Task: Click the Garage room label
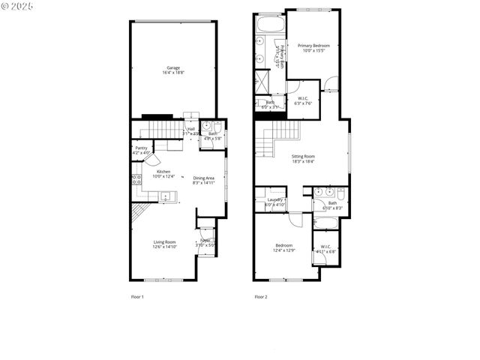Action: tap(172, 70)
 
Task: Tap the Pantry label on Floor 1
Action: tap(141, 150)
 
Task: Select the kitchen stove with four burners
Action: tap(136, 179)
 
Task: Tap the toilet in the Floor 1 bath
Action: tap(217, 127)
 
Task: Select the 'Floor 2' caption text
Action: tap(260, 297)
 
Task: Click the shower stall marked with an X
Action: tap(262, 81)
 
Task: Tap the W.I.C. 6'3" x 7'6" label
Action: tap(303, 101)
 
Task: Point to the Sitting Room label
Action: tap(303, 158)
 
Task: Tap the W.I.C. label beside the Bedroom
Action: tap(326, 250)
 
